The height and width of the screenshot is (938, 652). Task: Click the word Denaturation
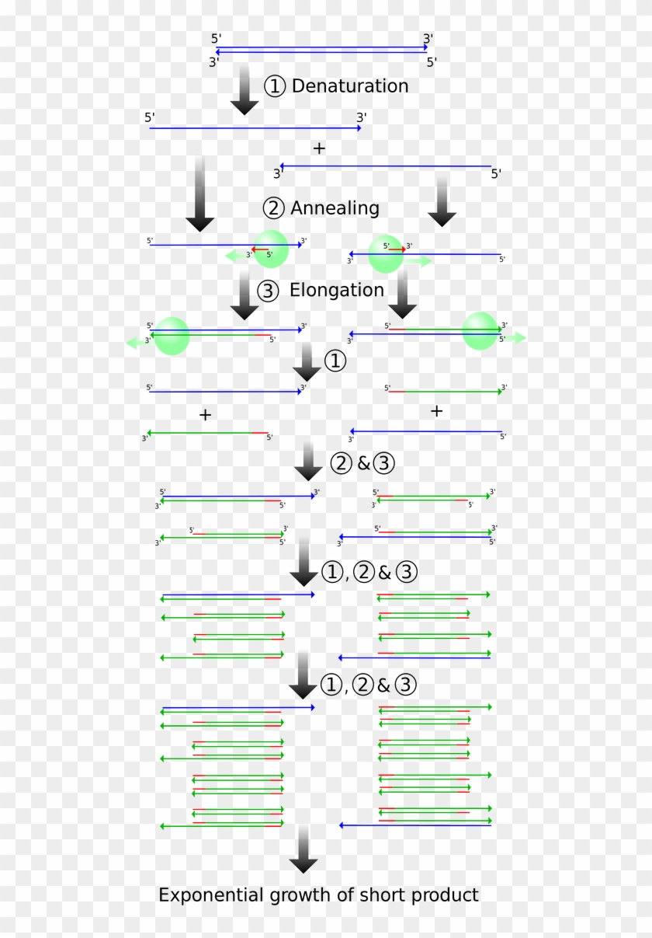349,85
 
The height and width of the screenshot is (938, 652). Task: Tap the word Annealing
335,208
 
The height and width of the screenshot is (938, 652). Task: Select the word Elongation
336,291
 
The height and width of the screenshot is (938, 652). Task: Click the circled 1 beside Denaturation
275,86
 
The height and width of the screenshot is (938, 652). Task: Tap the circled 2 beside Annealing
274,208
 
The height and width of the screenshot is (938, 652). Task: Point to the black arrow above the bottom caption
303,850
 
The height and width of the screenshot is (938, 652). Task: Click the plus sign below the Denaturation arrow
319,148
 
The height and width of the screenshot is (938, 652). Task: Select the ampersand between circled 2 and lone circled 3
363,464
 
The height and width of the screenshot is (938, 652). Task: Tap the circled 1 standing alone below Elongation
334,361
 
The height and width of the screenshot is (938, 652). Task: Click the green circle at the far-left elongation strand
172,336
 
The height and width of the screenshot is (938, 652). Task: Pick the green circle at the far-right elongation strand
480,331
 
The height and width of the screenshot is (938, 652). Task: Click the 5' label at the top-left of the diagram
216,38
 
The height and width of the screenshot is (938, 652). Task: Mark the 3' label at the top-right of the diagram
428,38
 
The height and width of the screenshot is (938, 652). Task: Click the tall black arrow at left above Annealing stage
199,194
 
